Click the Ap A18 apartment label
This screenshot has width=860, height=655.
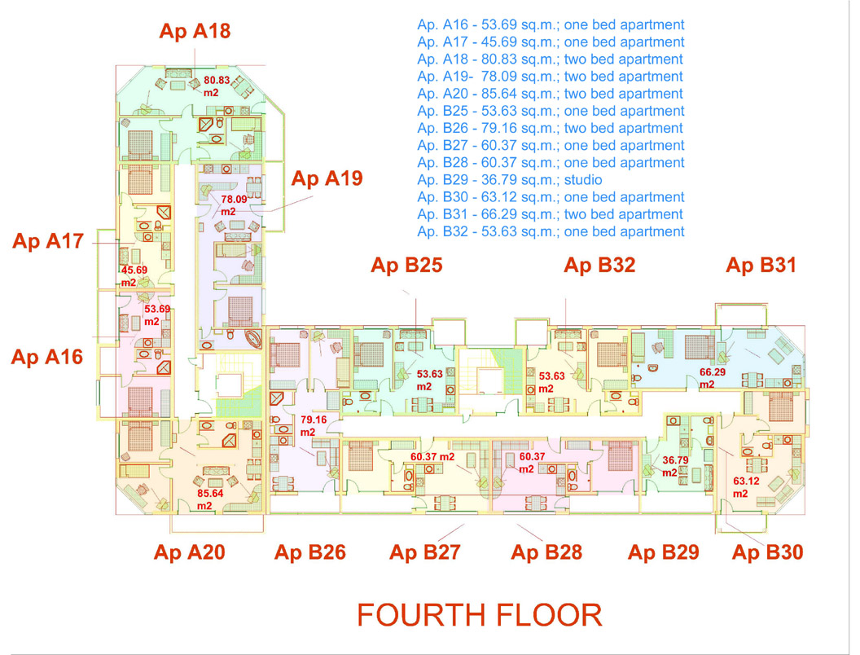[195, 31]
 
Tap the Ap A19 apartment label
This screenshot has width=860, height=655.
[327, 178]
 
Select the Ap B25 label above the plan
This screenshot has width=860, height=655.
[406, 265]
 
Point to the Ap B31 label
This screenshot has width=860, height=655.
[761, 265]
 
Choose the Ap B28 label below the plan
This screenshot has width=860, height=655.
[546, 552]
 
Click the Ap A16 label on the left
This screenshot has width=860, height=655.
[47, 357]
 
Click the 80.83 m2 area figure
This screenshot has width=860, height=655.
[217, 86]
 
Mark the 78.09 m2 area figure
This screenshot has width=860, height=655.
[234, 205]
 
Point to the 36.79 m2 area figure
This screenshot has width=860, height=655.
[675, 466]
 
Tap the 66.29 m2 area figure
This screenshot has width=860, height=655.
[713, 378]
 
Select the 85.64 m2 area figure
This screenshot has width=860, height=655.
[210, 499]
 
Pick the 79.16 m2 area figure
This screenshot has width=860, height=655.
[314, 426]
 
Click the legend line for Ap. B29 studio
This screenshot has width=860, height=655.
[510, 180]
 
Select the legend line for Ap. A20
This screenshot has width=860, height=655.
[550, 94]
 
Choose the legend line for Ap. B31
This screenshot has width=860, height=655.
[550, 214]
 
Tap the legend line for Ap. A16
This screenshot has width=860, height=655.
[551, 24]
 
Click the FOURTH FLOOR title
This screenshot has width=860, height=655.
[480, 615]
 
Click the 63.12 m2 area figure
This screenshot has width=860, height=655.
[746, 486]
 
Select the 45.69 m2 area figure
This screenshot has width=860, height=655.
[134, 276]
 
